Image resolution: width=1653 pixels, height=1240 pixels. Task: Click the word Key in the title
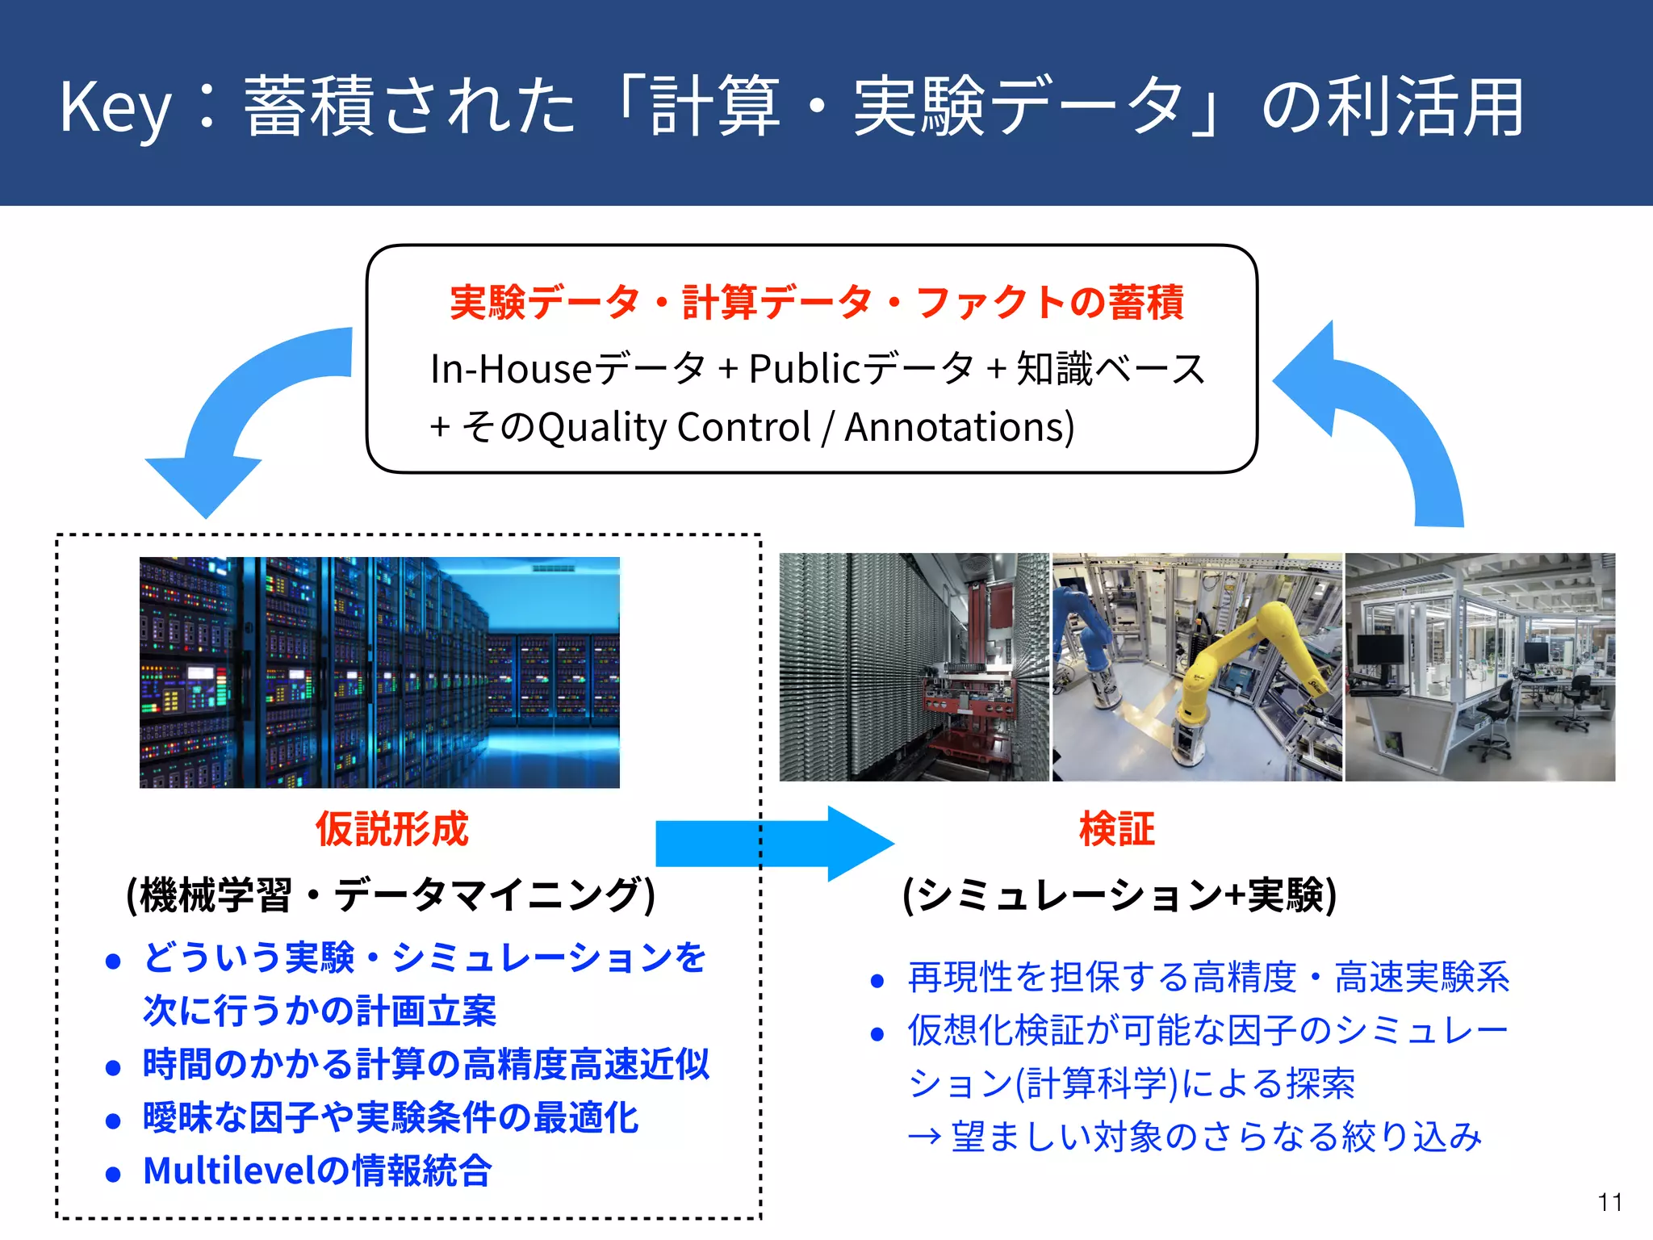pyautogui.click(x=115, y=108)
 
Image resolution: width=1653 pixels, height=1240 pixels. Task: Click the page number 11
pyautogui.click(x=1609, y=1202)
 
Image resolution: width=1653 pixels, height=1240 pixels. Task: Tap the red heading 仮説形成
pyautogui.click(x=391, y=829)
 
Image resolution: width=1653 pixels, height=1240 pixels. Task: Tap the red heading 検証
pyautogui.click(x=1117, y=829)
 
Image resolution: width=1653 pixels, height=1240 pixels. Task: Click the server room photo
pyautogui.click(x=379, y=672)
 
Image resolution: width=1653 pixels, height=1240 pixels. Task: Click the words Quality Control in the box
pyautogui.click(x=674, y=427)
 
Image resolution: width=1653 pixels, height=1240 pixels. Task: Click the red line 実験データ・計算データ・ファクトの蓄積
pyautogui.click(x=816, y=303)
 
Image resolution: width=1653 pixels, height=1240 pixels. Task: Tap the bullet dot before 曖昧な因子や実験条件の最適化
pyautogui.click(x=113, y=1121)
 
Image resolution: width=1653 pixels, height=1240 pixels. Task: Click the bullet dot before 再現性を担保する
pyautogui.click(x=878, y=981)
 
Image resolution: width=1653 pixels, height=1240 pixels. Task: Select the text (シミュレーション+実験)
pyautogui.click(x=1119, y=894)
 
